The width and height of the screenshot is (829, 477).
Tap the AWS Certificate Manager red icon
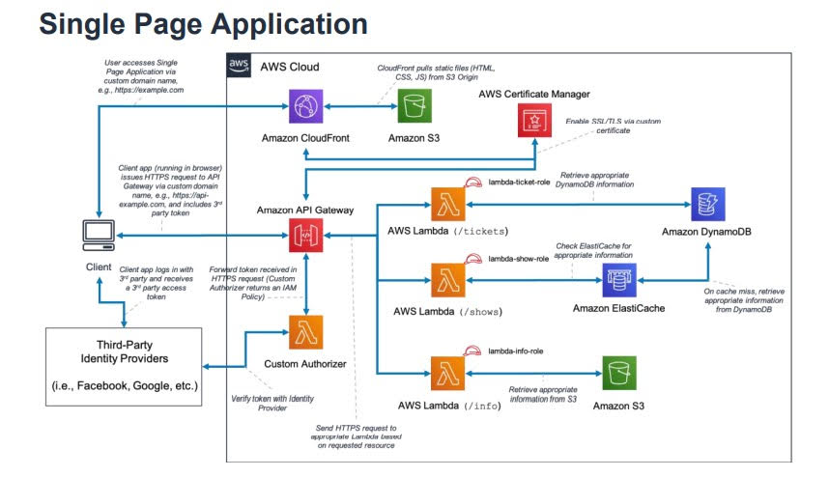[x=534, y=120]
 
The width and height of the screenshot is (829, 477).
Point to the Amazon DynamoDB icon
[x=708, y=204]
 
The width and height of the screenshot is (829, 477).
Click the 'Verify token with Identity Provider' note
[x=274, y=403]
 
